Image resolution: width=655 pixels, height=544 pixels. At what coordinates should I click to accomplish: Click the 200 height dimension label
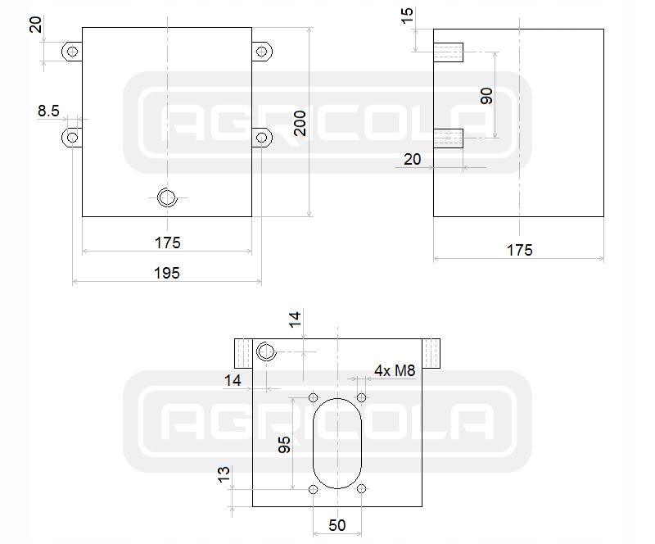point(300,124)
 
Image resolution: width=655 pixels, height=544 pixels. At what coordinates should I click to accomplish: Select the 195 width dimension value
point(167,273)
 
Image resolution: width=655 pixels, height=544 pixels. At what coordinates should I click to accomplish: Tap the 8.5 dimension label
point(48,111)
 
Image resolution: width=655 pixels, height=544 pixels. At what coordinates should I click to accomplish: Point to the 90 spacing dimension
point(486,96)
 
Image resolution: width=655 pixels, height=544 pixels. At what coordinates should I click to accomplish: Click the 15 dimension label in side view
point(407,16)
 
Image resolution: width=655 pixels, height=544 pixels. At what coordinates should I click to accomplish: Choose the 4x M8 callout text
point(395,370)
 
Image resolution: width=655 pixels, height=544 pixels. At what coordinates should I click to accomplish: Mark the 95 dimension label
point(284,445)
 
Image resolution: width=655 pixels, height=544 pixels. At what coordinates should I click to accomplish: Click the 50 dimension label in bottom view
point(337,525)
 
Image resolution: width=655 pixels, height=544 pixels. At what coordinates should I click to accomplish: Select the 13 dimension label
point(224,474)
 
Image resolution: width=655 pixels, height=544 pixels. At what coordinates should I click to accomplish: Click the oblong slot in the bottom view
point(314,443)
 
